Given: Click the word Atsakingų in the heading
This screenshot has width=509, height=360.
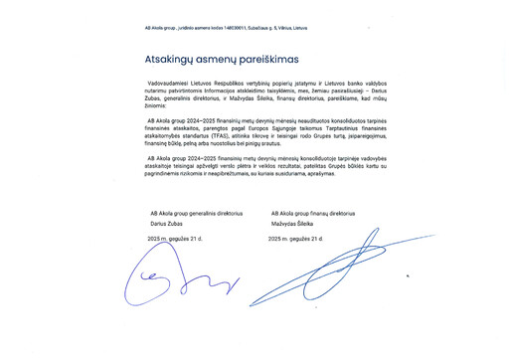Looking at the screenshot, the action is pos(166,60).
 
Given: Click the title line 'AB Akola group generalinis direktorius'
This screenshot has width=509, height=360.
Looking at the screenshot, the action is pos(196,214).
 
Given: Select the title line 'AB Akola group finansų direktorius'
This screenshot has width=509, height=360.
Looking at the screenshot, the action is pos(313,214).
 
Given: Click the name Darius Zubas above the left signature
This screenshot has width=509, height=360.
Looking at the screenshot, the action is pos(166,225).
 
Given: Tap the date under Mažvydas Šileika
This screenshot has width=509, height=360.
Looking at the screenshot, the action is pos(297,240).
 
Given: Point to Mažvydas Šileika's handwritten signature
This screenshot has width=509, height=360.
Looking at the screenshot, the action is pos(318,273).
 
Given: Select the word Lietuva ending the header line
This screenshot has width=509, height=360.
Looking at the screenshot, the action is pos(299,28).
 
